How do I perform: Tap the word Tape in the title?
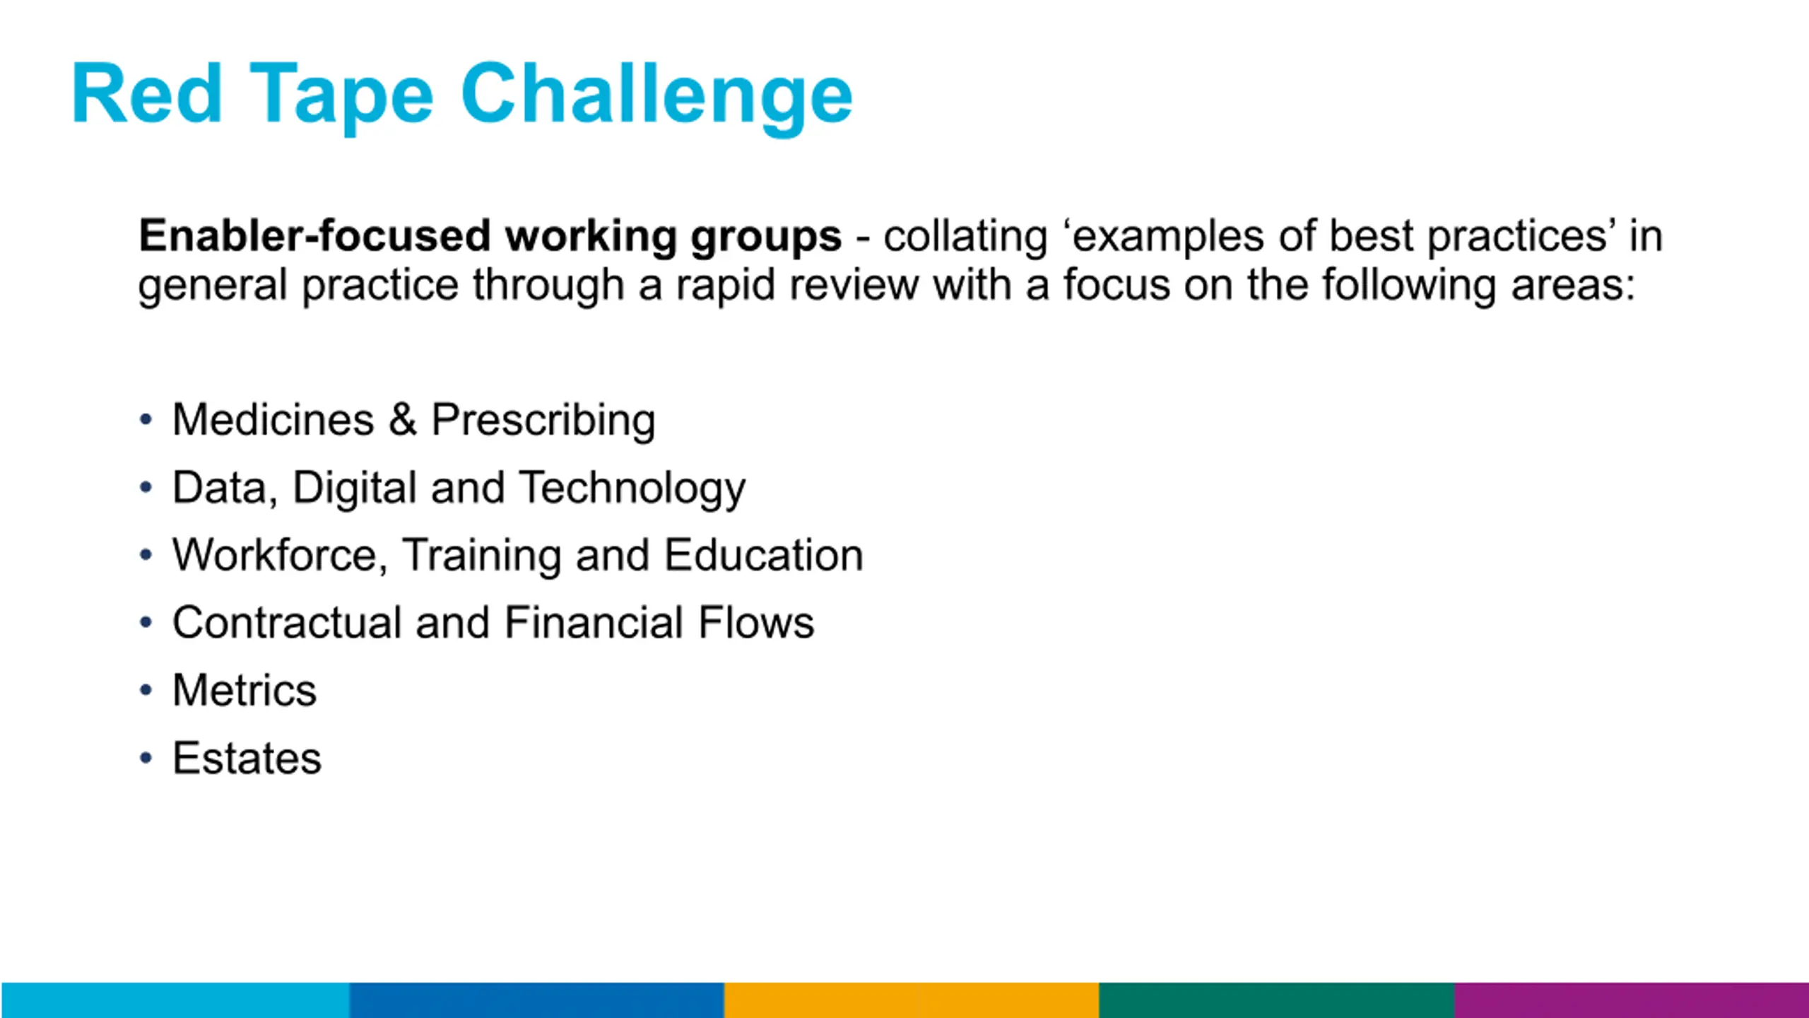point(341,98)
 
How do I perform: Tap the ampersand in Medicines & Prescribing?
point(402,419)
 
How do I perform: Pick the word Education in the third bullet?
point(764,555)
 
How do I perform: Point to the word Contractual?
point(287,623)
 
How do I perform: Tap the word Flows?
point(756,623)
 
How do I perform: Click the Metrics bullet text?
point(244,690)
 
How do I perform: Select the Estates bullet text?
point(247,759)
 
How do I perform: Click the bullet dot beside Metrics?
point(146,691)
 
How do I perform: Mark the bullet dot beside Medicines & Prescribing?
point(146,420)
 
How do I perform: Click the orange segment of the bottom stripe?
point(912,1000)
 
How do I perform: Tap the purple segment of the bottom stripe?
point(1632,1000)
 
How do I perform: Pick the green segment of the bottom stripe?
point(1277,1000)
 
